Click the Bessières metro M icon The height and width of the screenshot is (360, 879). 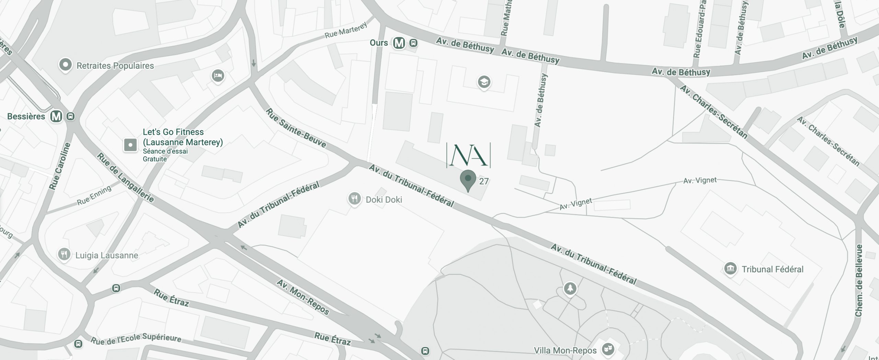56,116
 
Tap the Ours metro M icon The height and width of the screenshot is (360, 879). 399,43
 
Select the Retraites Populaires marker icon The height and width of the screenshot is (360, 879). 65,65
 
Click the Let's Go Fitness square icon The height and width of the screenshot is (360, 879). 130,145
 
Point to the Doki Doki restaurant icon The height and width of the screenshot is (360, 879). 354,199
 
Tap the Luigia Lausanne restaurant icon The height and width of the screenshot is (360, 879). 64,255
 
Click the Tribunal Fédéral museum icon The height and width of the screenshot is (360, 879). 731,268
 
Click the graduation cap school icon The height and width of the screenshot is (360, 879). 484,82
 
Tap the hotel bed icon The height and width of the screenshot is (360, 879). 218,75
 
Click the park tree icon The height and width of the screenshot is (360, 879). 570,288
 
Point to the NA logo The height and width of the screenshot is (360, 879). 468,156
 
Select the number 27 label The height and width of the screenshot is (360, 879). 484,181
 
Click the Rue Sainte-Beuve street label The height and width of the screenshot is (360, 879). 296,128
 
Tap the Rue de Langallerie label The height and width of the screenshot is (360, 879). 125,178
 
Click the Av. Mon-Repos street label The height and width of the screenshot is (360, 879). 303,297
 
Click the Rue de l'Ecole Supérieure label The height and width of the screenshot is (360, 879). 136,339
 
